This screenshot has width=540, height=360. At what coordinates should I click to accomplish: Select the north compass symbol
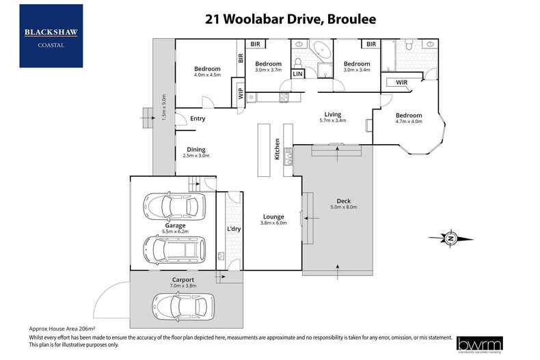(x=451, y=238)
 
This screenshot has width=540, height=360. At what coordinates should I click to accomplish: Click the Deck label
(x=339, y=200)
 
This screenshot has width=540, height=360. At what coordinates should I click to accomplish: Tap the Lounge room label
(x=272, y=217)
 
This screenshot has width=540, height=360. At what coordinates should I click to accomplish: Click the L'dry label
(x=234, y=228)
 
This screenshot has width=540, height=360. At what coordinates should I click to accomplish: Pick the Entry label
(x=198, y=119)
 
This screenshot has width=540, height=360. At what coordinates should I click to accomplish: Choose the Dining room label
(x=195, y=150)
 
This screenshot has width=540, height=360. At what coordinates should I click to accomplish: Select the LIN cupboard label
(x=298, y=73)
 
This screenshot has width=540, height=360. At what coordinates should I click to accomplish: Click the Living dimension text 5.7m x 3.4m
(x=333, y=120)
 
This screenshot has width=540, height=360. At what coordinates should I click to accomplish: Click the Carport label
(x=183, y=280)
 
